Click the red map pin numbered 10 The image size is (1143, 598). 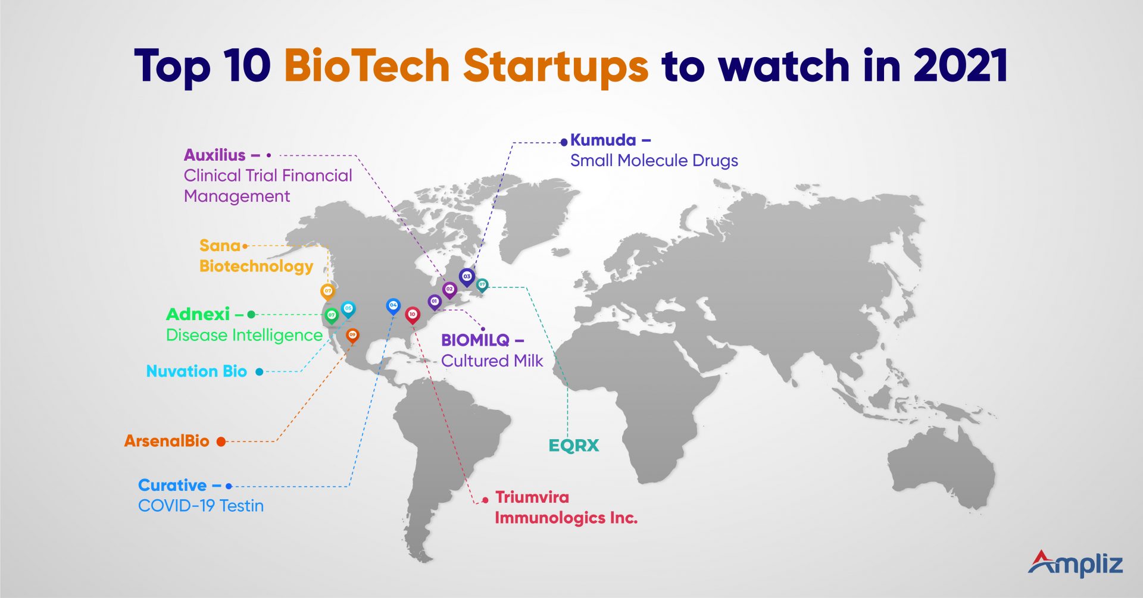(x=412, y=314)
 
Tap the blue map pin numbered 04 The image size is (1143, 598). (x=393, y=306)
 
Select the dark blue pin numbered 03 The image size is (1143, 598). (x=467, y=277)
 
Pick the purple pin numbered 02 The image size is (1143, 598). (x=449, y=290)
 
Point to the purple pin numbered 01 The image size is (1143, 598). (x=435, y=302)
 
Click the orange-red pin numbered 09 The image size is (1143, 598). (x=352, y=336)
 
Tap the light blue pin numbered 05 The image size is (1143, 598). (x=348, y=309)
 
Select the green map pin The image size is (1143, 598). (x=332, y=315)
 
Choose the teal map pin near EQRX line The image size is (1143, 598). (x=482, y=285)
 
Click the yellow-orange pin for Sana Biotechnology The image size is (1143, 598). (x=327, y=292)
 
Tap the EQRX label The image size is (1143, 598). (x=573, y=446)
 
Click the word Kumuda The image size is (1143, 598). (x=603, y=140)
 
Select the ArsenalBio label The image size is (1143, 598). (x=167, y=441)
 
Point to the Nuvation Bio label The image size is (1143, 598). (x=196, y=371)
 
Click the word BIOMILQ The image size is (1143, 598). (x=475, y=340)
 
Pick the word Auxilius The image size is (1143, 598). (x=214, y=155)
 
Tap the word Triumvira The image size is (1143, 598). (x=532, y=497)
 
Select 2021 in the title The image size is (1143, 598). (x=960, y=65)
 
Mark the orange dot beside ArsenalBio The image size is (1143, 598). (x=221, y=442)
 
